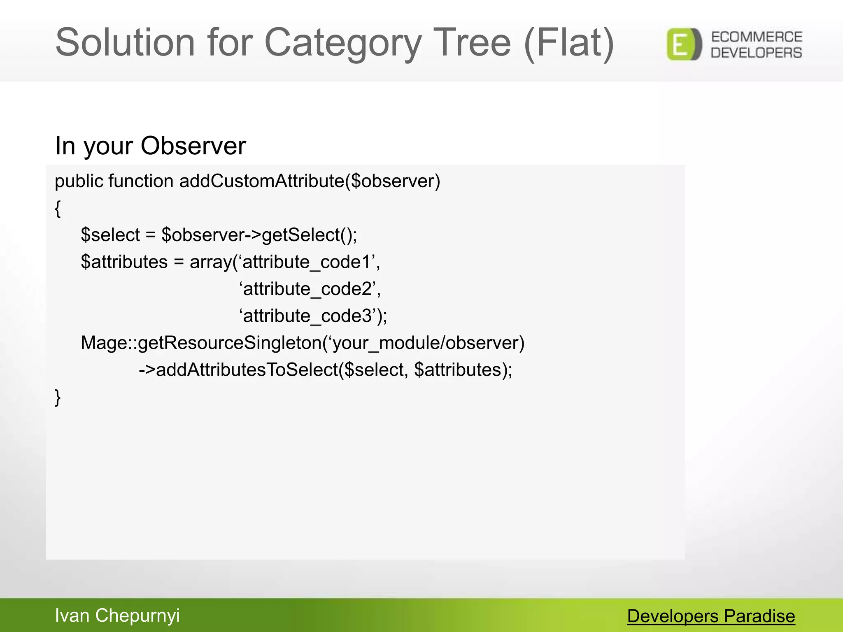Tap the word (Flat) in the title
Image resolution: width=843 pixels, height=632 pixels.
(x=569, y=43)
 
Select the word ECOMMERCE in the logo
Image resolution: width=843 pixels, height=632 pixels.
(x=757, y=37)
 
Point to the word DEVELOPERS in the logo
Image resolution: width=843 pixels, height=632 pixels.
(x=757, y=53)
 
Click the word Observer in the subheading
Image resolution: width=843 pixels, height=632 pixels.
(x=193, y=146)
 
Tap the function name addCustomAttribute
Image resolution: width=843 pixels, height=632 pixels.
(x=262, y=181)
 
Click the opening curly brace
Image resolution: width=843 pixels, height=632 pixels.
(x=58, y=209)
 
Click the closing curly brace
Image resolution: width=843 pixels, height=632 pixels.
(x=58, y=397)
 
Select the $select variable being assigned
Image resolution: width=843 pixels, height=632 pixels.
(x=110, y=235)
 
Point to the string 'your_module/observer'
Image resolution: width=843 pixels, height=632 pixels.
(x=424, y=343)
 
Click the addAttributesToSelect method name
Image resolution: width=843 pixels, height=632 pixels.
(x=247, y=370)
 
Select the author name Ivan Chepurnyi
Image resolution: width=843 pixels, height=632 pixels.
(x=117, y=616)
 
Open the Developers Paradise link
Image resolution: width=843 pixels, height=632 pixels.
(x=711, y=616)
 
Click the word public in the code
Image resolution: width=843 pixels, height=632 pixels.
(x=79, y=181)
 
